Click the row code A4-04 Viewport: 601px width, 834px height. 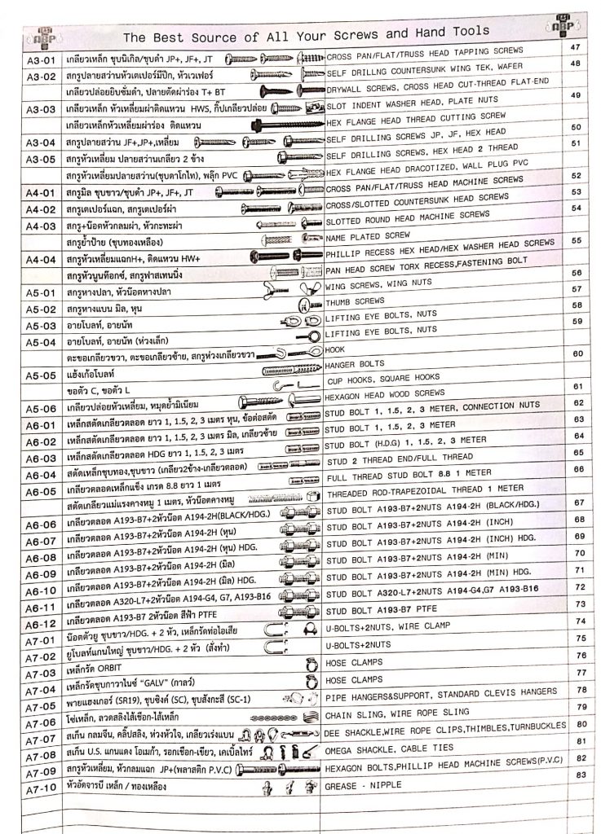point(40,261)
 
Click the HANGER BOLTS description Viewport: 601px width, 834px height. point(355,364)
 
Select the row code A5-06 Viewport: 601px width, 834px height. point(39,409)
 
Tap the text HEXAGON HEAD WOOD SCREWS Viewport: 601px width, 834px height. point(385,393)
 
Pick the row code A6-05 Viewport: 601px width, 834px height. point(39,491)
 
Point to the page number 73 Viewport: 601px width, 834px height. point(581,604)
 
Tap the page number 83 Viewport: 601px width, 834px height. point(581,774)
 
